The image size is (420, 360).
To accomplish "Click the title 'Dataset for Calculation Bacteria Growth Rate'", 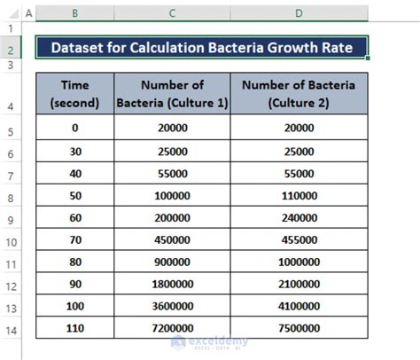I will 199,47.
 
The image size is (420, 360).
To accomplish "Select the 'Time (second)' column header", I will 74,93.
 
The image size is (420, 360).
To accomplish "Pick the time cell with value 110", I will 74,327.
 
